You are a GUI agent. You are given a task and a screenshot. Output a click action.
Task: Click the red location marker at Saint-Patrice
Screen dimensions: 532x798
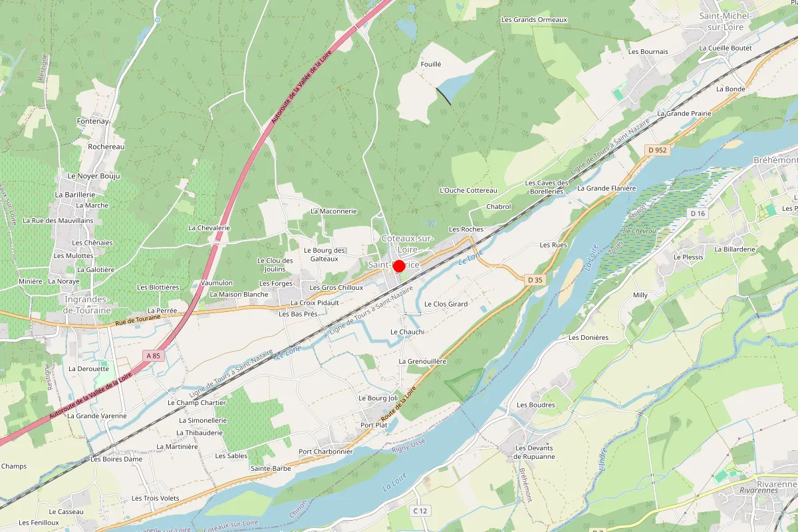pos(399,266)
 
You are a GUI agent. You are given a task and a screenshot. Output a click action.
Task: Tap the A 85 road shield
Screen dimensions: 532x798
pos(153,356)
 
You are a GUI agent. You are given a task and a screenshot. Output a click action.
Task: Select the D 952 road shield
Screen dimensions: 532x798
pos(657,150)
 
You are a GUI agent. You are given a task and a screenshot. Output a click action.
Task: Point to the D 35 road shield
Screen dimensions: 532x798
pos(535,280)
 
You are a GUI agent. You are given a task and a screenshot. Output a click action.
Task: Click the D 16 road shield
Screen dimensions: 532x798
pos(697,213)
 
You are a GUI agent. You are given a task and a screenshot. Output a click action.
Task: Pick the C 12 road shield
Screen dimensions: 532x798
pos(419,511)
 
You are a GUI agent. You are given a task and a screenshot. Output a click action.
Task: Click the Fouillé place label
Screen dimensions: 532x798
pos(431,65)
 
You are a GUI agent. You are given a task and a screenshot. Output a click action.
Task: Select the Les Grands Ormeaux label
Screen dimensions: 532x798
pos(534,20)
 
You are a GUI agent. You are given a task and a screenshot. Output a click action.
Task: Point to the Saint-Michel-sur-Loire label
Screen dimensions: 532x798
pos(725,21)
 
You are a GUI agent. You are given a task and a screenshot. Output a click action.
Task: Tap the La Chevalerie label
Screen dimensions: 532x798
pos(209,227)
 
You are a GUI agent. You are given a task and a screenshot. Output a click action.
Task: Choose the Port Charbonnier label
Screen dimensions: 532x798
pos(325,452)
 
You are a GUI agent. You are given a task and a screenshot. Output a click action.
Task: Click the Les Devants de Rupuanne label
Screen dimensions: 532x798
pos(535,452)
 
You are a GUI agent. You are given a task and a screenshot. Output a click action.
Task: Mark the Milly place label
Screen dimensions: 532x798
pos(640,295)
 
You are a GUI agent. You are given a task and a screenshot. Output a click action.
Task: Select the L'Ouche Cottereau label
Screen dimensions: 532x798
pos(468,190)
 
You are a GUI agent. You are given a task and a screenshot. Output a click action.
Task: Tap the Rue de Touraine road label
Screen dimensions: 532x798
pos(138,319)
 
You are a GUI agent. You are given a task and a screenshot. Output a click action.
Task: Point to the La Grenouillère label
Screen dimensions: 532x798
pos(422,361)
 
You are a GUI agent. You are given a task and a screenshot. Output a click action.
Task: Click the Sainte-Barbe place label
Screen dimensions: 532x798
pos(271,468)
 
